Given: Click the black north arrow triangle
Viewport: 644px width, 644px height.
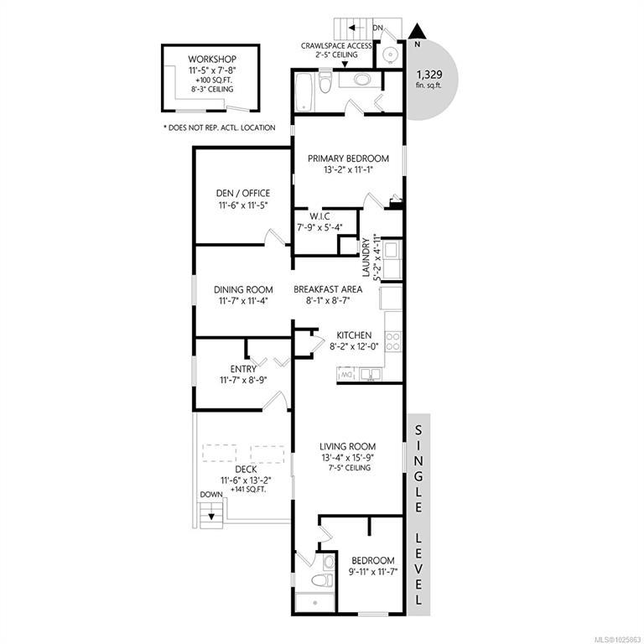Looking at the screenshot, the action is pos(417,32).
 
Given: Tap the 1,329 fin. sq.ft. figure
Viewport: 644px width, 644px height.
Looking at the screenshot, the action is pos(429,80).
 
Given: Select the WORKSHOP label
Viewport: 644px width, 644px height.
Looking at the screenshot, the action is pos(212,60).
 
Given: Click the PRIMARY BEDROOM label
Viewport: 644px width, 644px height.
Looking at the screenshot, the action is pos(348,158).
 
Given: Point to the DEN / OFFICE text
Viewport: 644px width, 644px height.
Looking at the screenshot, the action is pos(243,193).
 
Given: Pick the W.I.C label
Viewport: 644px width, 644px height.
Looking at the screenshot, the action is pos(319,216).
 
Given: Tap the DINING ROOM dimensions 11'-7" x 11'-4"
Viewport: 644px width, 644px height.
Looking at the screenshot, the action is pos(243,301).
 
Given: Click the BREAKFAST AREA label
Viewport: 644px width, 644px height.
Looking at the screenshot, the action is pos(328,289).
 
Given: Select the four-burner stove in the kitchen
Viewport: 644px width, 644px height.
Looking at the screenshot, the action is pos(393,342).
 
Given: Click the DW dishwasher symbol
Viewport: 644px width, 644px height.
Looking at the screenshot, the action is pos(345,374).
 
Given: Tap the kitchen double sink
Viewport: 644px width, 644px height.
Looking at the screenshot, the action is pos(371,374).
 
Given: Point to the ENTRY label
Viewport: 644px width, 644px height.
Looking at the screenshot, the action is pos(243,369).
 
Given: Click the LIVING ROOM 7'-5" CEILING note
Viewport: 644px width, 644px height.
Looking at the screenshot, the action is pos(349,468).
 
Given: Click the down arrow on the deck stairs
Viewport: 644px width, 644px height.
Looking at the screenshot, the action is pos(211,517).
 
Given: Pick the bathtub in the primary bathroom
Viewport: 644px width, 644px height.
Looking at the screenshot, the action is pos(304,92).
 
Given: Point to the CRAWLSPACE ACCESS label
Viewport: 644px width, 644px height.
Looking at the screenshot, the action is pos(336,46).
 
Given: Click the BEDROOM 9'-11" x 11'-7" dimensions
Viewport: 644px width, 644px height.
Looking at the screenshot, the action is pos(373,572).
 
